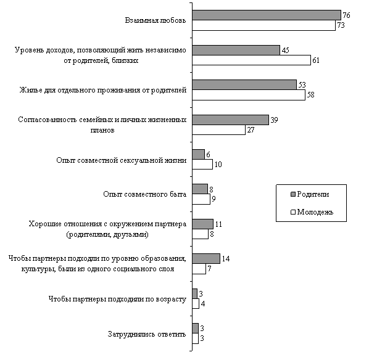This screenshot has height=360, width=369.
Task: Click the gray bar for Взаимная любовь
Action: (x=267, y=15)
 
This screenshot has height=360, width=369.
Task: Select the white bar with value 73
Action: (x=264, y=25)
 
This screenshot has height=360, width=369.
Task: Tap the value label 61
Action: (x=315, y=60)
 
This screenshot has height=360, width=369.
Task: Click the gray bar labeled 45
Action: (x=236, y=50)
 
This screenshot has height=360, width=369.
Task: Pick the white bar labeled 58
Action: (x=249, y=95)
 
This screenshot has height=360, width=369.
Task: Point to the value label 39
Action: (x=274, y=120)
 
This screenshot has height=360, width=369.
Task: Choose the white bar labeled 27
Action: (x=218, y=130)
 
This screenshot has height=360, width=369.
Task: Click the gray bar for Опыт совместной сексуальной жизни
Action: (x=199, y=155)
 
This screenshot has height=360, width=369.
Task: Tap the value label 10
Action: (x=218, y=165)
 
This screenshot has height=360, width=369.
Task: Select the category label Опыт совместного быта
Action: (x=145, y=194)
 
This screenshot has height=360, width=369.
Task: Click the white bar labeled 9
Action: (x=201, y=199)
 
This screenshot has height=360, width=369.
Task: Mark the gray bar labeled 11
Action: (x=202, y=224)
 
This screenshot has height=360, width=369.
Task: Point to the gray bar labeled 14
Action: (x=206, y=259)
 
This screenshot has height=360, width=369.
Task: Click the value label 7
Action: (x=209, y=269)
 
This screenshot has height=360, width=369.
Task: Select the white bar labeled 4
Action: (x=196, y=303)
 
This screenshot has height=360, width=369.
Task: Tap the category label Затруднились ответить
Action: (x=147, y=334)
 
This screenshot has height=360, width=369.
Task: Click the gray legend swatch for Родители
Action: (x=293, y=194)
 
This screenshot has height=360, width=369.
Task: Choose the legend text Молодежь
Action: (x=315, y=212)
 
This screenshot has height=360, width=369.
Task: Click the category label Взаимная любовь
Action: (x=155, y=20)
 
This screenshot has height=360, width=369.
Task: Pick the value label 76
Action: (x=346, y=15)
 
